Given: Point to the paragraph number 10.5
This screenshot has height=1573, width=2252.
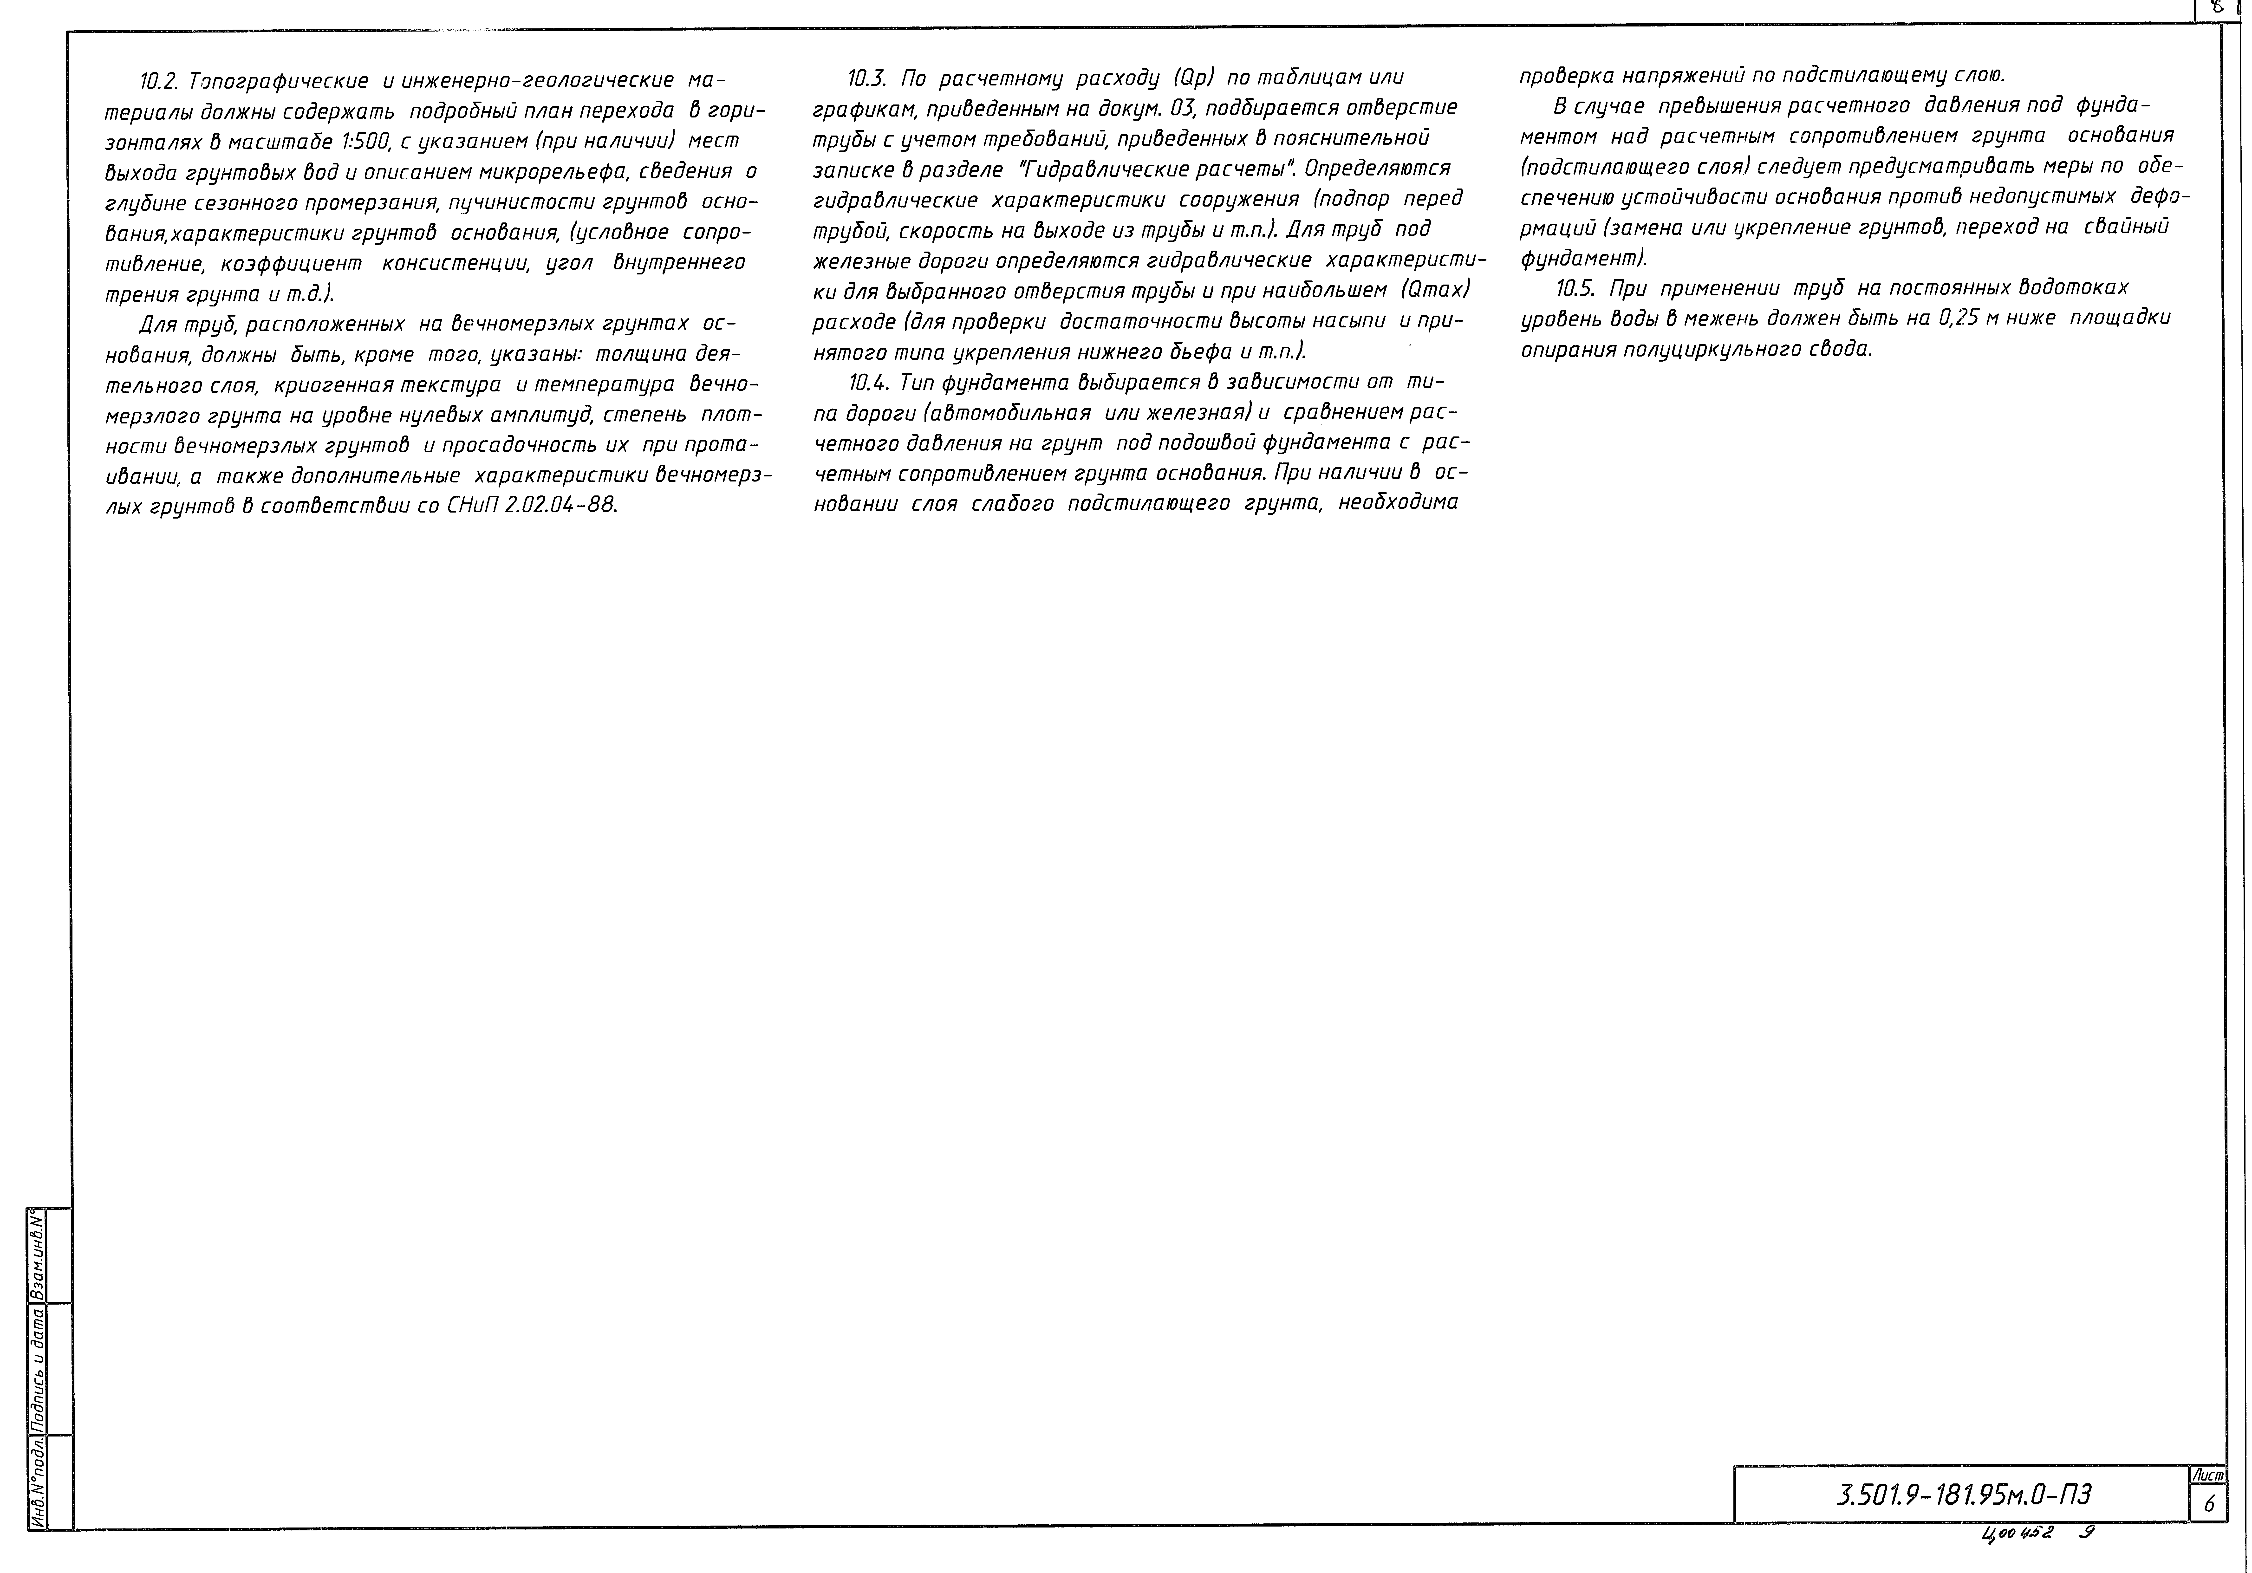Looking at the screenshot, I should tap(1576, 288).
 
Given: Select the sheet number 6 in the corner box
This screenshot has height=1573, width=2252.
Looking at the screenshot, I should tap(2208, 1504).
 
